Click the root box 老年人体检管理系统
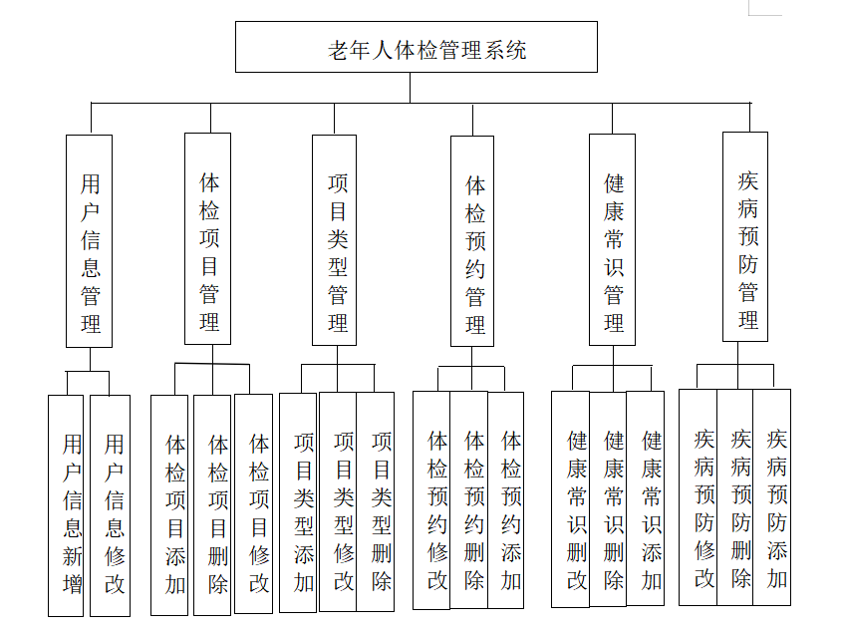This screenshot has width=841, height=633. [x=417, y=47]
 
